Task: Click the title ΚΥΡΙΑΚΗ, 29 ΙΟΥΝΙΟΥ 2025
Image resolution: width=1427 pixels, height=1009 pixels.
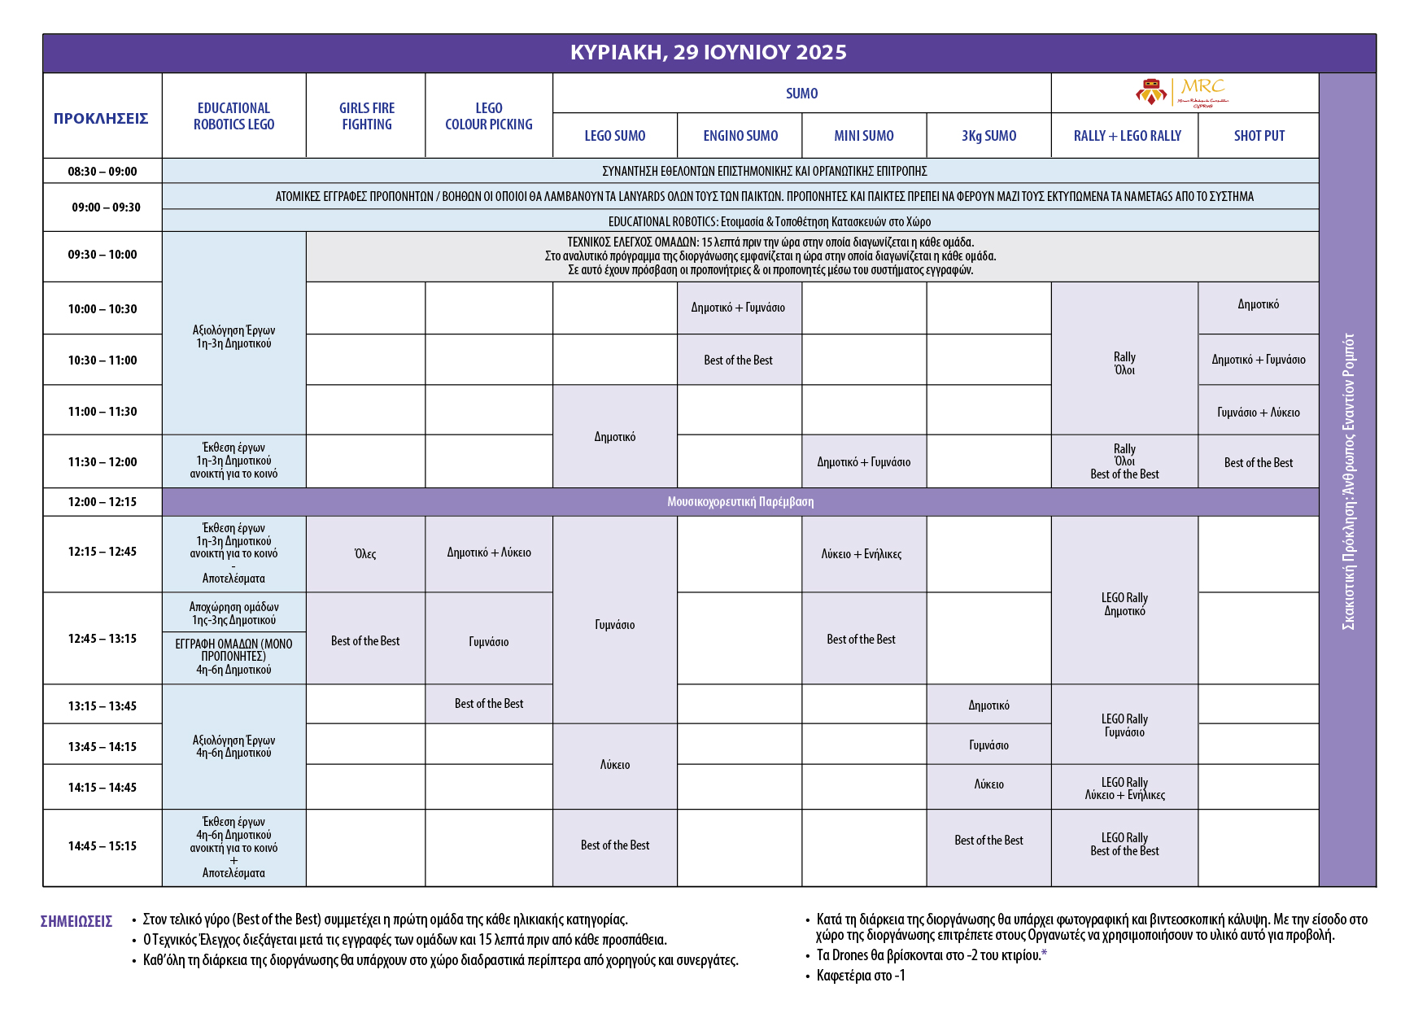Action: (x=709, y=53)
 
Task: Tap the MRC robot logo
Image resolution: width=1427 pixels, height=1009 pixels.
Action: (x=1181, y=93)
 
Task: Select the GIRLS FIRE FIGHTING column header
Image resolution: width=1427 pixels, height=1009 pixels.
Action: (x=366, y=116)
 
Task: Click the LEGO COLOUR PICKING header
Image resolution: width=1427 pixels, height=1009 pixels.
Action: (x=488, y=116)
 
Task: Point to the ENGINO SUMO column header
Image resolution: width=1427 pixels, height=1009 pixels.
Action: (x=740, y=136)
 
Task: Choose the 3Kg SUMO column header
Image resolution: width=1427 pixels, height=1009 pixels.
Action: (x=988, y=136)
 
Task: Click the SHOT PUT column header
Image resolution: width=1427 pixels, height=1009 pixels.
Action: (x=1259, y=136)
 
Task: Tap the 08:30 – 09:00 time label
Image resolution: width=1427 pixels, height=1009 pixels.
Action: (x=103, y=172)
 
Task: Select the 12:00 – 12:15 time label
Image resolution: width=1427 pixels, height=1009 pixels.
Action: (x=103, y=502)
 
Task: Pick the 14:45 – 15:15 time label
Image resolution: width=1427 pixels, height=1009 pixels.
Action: (x=103, y=846)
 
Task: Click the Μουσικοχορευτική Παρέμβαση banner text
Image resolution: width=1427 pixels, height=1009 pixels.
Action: (x=740, y=502)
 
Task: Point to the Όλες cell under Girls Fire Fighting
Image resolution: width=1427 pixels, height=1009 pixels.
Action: (x=365, y=554)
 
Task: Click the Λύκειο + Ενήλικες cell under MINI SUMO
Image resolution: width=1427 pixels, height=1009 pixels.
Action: (x=862, y=554)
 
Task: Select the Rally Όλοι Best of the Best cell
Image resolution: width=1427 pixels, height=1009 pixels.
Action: (x=1124, y=461)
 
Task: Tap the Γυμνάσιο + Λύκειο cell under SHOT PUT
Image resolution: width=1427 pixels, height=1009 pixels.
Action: (x=1258, y=413)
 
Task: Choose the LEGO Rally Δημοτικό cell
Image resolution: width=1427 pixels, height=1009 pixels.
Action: (x=1124, y=604)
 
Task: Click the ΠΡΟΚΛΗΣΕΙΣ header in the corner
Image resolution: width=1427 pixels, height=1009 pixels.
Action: (x=101, y=119)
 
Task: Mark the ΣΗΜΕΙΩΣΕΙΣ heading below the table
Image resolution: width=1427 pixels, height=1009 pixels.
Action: (x=76, y=922)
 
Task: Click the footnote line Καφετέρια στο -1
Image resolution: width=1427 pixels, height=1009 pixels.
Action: (x=861, y=976)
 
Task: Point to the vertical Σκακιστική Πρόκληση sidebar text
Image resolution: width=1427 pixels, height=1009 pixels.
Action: (x=1348, y=481)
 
